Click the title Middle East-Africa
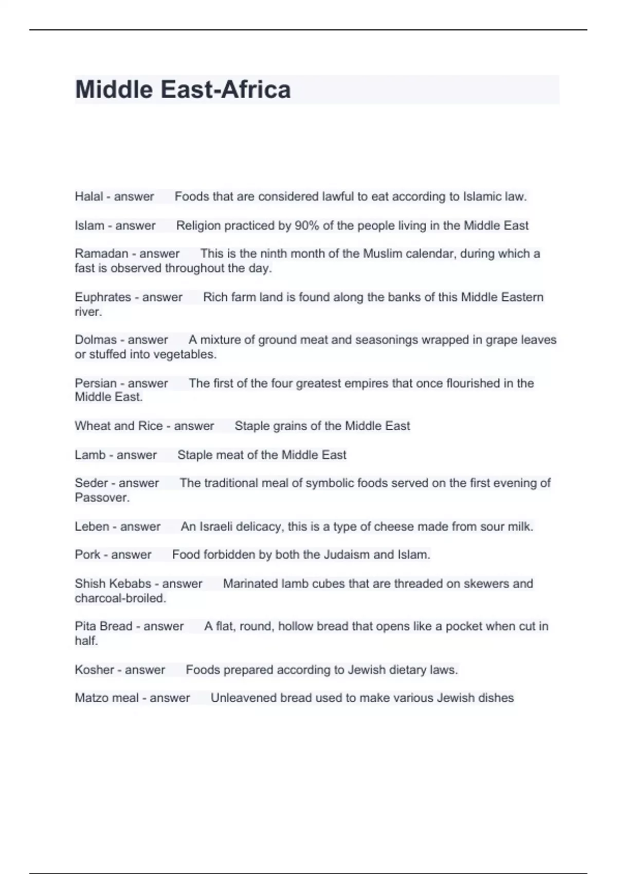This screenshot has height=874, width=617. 183,89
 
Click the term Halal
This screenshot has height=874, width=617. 88,196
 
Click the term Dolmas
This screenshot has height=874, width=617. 96,340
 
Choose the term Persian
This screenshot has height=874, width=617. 96,383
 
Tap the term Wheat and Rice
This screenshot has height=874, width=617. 118,426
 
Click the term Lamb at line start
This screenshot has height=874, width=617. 90,455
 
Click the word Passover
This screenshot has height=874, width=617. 101,498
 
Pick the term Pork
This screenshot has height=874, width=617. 87,555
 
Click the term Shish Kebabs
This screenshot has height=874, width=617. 112,584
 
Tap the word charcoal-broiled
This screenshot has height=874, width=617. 120,598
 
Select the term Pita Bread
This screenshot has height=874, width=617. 103,626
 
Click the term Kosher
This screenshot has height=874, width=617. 94,670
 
